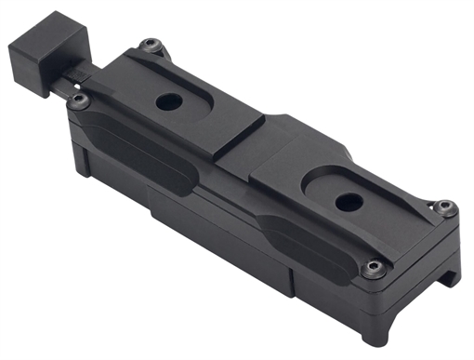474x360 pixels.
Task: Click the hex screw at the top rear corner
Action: tap(149, 44)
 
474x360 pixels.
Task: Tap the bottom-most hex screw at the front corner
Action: tap(374, 269)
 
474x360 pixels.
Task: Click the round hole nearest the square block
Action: tap(168, 102)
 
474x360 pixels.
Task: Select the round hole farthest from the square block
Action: tap(346, 199)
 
